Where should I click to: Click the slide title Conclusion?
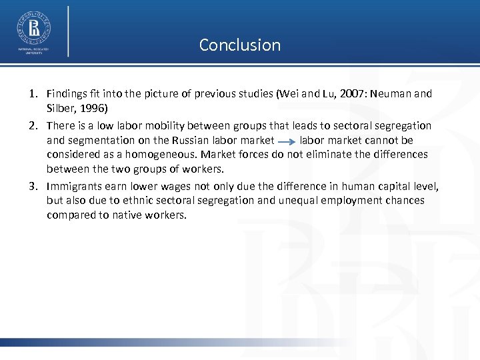coord(240,45)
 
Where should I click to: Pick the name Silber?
coord(61,107)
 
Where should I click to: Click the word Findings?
coord(68,94)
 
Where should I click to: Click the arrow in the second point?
coord(287,141)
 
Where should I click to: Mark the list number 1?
coord(33,94)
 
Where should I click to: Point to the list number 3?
coord(33,187)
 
